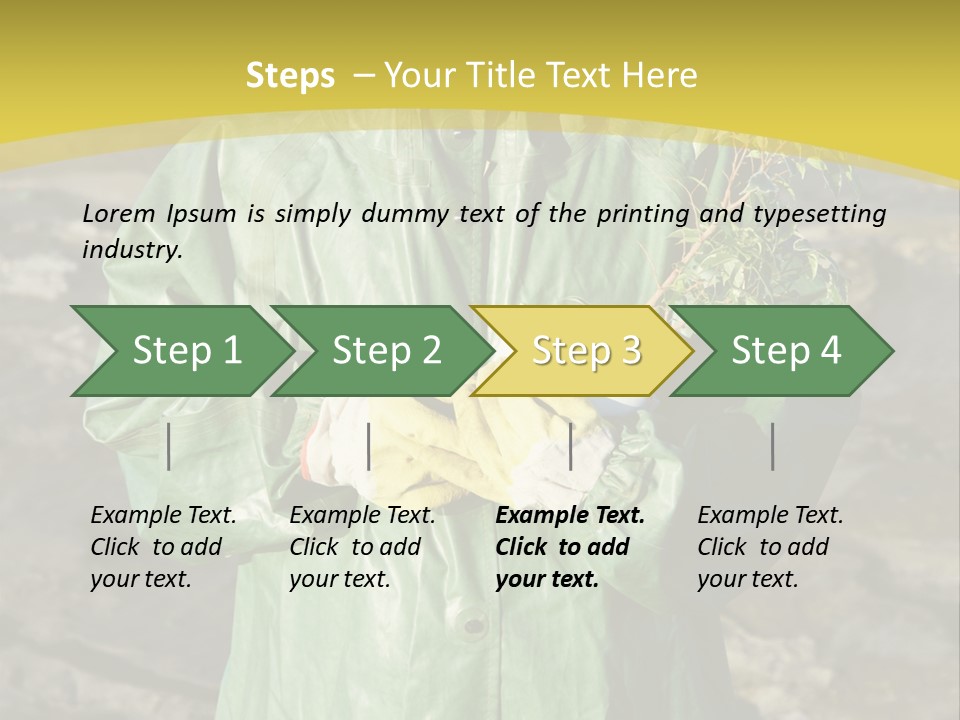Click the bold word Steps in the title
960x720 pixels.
tap(290, 76)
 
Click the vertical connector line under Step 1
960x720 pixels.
tap(169, 446)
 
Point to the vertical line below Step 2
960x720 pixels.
tap(369, 446)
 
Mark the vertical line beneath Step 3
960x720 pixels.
tap(571, 446)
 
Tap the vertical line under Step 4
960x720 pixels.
tap(773, 446)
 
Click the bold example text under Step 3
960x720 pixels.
tap(570, 547)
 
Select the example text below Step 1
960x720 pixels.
tap(163, 547)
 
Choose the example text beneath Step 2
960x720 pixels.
tap(362, 547)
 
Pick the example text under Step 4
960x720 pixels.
tap(770, 547)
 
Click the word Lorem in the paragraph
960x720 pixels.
tap(119, 214)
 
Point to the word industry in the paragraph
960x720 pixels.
tap(131, 250)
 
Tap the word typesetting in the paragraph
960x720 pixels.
tap(827, 214)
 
